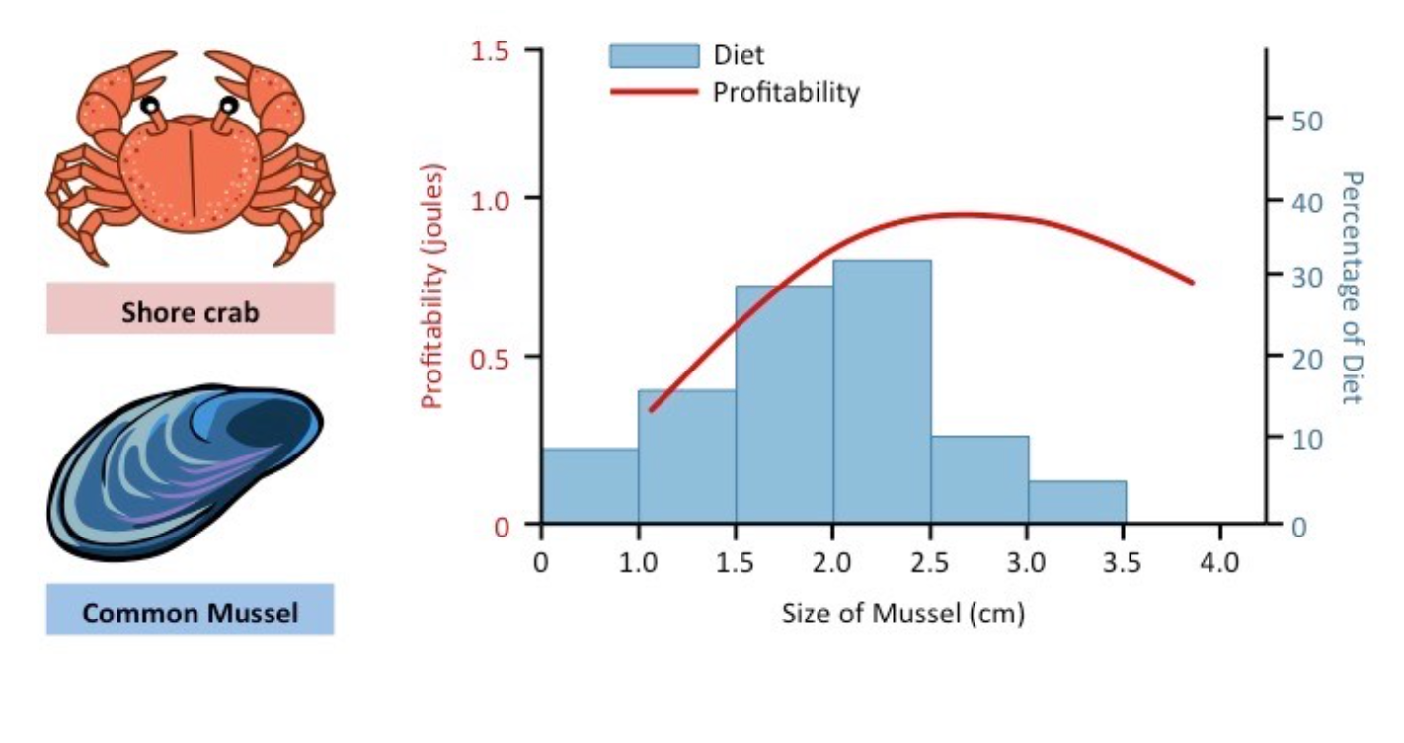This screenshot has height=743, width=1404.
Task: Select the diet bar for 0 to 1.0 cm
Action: click(x=589, y=485)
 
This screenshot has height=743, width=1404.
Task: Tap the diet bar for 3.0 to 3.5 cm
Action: click(x=1076, y=502)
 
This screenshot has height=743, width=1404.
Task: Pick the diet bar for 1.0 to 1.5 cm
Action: click(x=686, y=455)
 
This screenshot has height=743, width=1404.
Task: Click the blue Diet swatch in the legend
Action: click(x=654, y=55)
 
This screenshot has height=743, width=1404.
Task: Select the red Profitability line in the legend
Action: click(x=654, y=92)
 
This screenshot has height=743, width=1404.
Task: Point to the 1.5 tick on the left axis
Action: click(x=534, y=49)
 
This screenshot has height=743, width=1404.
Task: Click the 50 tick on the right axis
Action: click(x=1273, y=119)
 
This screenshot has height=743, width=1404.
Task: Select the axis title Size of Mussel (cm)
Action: click(x=903, y=614)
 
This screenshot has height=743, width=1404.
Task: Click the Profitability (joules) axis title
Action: click(x=432, y=287)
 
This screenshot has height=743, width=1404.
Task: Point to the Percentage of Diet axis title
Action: click(x=1351, y=287)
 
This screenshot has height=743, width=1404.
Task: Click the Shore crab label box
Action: click(x=190, y=312)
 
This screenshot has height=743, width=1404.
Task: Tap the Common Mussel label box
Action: click(x=190, y=614)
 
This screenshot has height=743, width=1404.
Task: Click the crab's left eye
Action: click(x=150, y=104)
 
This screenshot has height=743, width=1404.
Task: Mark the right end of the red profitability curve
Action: click(x=1193, y=282)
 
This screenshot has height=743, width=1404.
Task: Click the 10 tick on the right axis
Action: click(x=1273, y=437)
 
